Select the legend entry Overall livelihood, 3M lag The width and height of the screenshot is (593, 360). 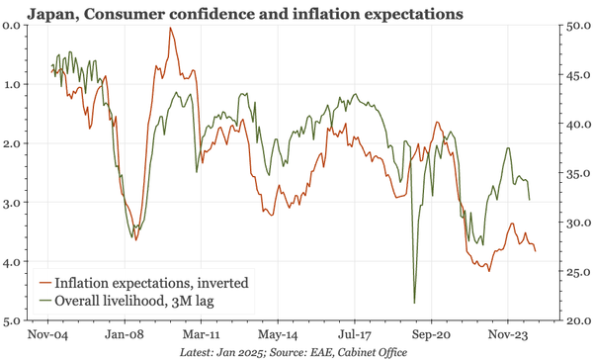(142, 300)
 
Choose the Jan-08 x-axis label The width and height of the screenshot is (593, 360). (126, 334)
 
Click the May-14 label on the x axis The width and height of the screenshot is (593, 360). (278, 334)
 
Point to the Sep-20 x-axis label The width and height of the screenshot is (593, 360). (430, 334)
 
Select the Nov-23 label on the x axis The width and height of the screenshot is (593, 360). (506, 334)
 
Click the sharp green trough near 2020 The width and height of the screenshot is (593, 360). (414, 303)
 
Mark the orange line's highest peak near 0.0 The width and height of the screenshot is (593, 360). (170, 28)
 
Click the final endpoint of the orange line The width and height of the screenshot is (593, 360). (537, 251)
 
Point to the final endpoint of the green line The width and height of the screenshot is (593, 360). (531, 201)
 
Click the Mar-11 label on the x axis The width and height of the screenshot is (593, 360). (202, 334)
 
